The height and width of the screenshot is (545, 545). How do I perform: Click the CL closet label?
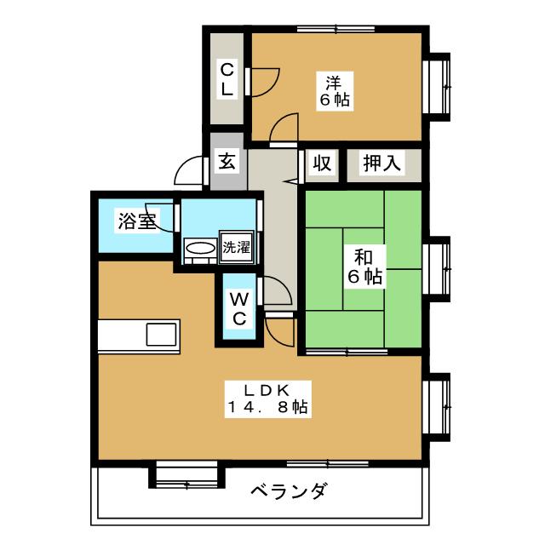click(x=227, y=77)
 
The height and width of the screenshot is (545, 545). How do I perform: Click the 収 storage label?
click(x=321, y=162)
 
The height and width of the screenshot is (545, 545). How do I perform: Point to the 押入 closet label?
click(x=381, y=162)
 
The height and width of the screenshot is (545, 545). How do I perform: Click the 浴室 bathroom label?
click(x=136, y=223)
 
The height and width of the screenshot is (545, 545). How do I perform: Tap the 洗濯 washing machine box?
click(x=237, y=249)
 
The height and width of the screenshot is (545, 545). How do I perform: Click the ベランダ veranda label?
click(x=289, y=491)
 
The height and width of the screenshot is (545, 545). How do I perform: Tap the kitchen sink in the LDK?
click(x=161, y=334)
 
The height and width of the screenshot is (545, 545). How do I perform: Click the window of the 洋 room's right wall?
click(x=439, y=85)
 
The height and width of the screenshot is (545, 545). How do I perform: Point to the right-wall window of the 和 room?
click(x=439, y=268)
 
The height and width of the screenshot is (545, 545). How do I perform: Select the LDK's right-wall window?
click(x=439, y=406)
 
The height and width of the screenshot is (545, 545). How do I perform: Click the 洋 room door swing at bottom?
click(x=284, y=129)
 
